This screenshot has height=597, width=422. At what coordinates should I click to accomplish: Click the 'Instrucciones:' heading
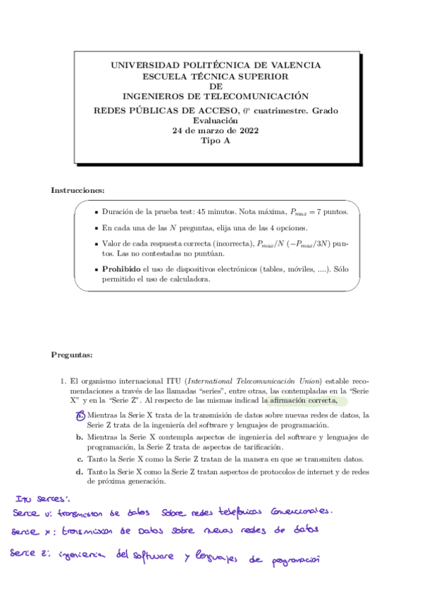[77, 191]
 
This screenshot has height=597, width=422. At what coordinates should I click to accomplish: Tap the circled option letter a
[80, 415]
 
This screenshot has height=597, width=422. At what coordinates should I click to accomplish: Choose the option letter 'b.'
[80, 437]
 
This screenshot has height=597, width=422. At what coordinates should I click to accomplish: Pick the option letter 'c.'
[80, 460]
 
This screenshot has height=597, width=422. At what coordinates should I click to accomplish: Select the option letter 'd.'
[80, 471]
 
